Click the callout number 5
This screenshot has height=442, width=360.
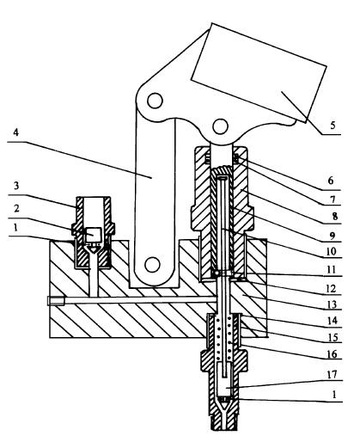point(333,126)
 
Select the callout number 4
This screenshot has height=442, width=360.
point(16,132)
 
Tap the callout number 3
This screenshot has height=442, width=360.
point(16,186)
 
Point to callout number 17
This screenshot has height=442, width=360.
point(333,374)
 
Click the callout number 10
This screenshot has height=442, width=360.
point(331,251)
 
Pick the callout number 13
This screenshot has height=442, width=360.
point(332,304)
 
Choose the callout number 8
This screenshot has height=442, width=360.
point(335,216)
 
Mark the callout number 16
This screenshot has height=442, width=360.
point(332,354)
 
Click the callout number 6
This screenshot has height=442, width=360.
point(331,181)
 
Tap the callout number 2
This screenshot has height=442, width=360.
point(16,208)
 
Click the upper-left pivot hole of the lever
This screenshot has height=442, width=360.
point(155,101)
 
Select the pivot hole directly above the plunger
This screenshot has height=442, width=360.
point(221,126)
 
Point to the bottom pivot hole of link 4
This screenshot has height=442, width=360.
point(152,265)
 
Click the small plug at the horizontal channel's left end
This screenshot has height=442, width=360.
point(56,301)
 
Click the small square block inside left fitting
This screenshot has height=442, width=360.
point(94,235)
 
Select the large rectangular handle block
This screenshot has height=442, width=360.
point(259,72)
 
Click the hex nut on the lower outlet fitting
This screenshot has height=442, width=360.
point(224,360)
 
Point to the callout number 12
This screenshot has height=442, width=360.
point(331,288)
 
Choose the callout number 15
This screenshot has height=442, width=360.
point(333,338)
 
